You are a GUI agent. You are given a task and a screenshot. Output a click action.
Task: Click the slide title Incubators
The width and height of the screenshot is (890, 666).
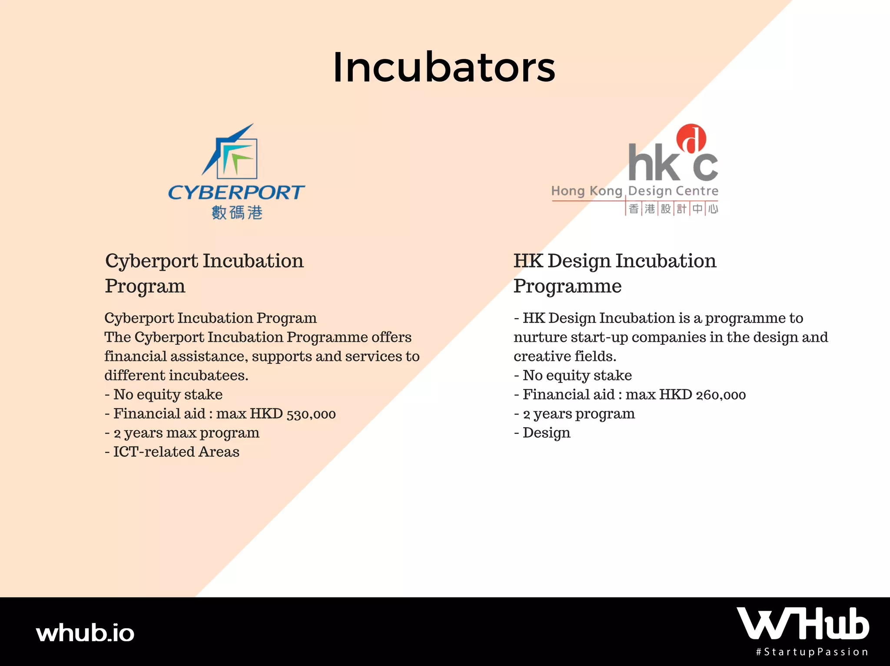click(x=444, y=67)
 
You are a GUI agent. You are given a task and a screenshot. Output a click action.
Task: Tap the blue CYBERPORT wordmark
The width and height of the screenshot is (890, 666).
click(x=236, y=192)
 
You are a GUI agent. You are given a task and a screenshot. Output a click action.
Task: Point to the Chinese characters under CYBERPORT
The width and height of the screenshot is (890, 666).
click(x=237, y=213)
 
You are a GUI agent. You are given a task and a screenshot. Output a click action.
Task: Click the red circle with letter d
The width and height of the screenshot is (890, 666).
click(x=691, y=138)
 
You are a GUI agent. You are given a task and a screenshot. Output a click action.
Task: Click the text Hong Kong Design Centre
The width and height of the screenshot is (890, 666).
click(x=634, y=191)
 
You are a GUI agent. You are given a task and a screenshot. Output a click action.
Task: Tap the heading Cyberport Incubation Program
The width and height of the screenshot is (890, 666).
click(x=204, y=274)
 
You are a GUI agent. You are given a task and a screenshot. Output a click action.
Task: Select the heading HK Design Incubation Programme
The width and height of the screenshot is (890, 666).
click(x=615, y=274)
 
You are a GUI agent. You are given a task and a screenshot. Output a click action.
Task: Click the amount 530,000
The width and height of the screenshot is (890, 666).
click(x=311, y=414)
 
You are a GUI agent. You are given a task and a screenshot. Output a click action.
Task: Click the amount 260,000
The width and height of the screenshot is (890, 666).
click(x=721, y=395)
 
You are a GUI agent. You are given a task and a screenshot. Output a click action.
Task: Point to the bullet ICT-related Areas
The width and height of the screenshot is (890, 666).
click(x=172, y=452)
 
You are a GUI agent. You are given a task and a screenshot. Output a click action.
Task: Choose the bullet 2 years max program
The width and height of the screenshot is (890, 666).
click(x=182, y=433)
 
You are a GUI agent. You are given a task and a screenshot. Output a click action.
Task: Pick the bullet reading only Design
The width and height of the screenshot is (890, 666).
click(x=542, y=433)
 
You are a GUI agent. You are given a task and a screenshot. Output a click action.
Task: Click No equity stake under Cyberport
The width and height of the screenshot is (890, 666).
click(x=163, y=395)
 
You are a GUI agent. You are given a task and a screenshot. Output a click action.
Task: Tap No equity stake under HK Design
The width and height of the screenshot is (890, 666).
click(x=573, y=376)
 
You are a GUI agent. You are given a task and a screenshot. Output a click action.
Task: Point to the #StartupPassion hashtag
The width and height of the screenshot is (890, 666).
click(x=812, y=652)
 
